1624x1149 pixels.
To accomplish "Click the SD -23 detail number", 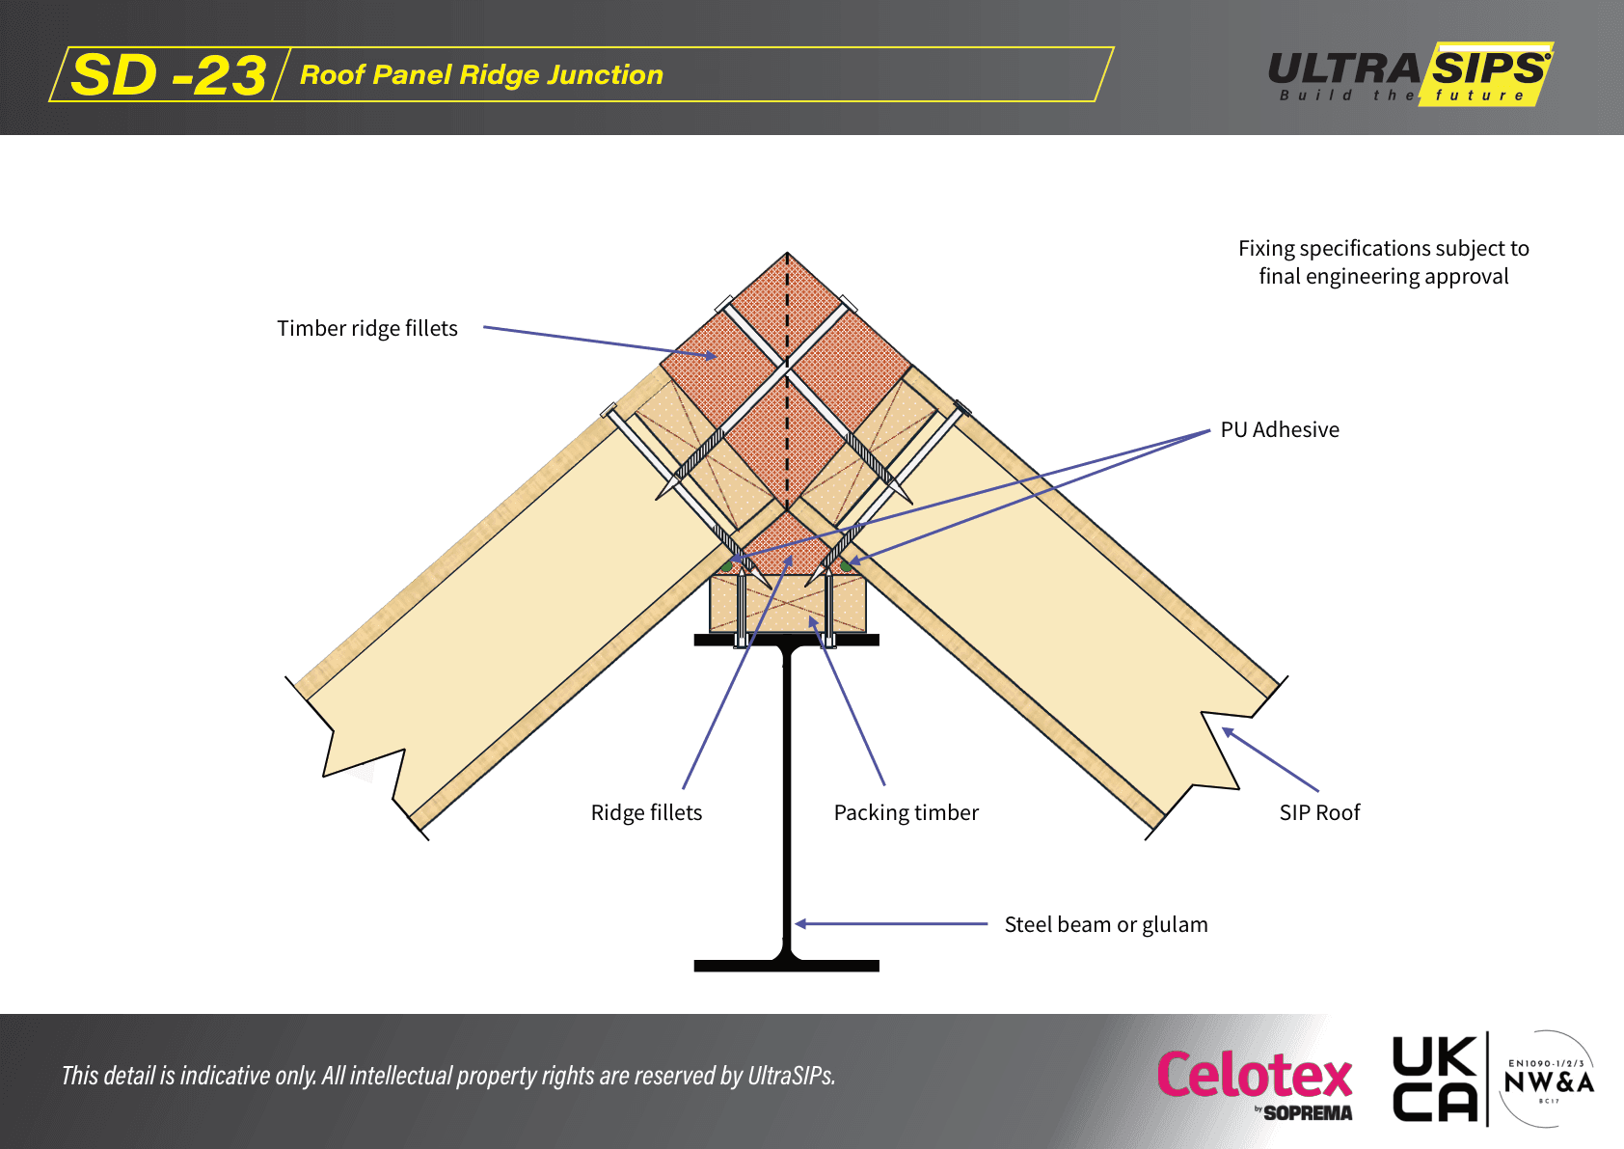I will pyautogui.click(x=169, y=75).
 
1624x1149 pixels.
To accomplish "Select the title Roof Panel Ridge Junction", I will pyautogui.click(x=481, y=75).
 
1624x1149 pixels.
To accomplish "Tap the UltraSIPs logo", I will pyautogui.click(x=1409, y=74).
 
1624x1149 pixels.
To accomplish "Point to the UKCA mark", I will pyautogui.click(x=1435, y=1079).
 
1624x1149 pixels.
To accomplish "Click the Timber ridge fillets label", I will pyautogui.click(x=367, y=329).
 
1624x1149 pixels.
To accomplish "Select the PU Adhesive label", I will pyautogui.click(x=1280, y=430).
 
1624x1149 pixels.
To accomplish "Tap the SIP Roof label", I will pyautogui.click(x=1319, y=813).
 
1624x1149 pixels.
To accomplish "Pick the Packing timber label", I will pyautogui.click(x=906, y=813).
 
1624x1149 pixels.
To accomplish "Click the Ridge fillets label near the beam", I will pyautogui.click(x=646, y=813).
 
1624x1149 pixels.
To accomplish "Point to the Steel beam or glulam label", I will pyautogui.click(x=1106, y=925).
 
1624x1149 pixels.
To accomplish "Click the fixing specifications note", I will pyautogui.click(x=1383, y=262).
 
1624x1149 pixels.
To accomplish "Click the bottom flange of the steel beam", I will pyautogui.click(x=787, y=966).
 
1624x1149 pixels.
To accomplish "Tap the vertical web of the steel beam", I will pyautogui.click(x=787, y=801).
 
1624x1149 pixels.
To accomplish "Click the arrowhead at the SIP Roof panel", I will pyautogui.click(x=1228, y=732).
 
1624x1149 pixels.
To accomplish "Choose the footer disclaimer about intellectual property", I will pyautogui.click(x=448, y=1076).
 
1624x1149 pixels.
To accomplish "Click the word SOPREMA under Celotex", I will pyautogui.click(x=1308, y=1113).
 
